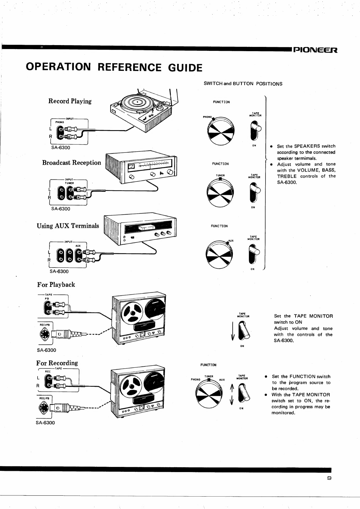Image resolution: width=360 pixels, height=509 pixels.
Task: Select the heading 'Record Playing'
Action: (x=70, y=101)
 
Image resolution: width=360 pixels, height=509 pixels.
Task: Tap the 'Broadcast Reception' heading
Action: (x=71, y=163)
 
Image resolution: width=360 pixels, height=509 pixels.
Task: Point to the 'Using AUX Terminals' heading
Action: (x=68, y=226)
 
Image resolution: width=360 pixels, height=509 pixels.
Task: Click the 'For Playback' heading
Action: (x=56, y=284)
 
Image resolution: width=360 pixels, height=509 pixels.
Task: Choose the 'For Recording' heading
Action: (x=57, y=363)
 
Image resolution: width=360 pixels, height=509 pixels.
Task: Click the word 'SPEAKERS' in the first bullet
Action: (x=307, y=146)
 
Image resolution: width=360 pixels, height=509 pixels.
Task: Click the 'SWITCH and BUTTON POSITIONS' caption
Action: (x=243, y=84)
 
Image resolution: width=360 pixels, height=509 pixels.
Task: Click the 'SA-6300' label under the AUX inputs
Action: (x=59, y=271)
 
